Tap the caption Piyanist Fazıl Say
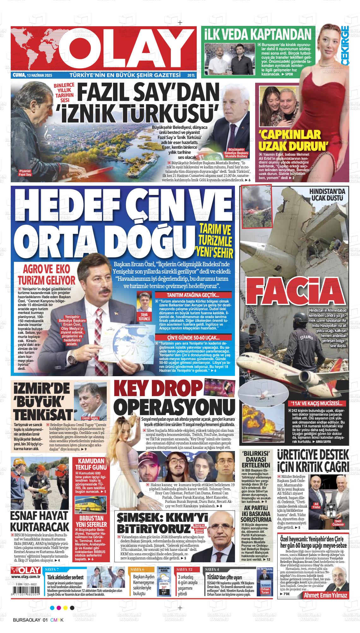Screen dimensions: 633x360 click(x=25, y=172)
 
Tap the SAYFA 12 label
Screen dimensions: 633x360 click(x=184, y=569)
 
